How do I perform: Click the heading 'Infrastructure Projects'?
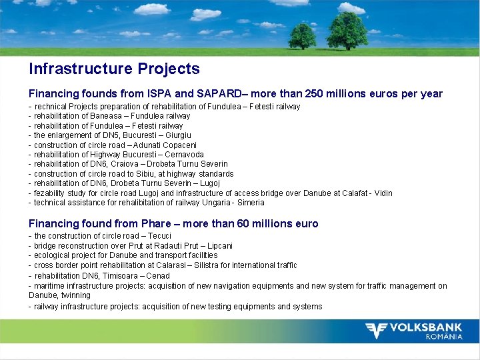click(114, 69)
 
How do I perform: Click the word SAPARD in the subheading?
click(211, 94)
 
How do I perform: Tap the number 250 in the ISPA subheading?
click(299, 94)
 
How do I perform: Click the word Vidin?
click(382, 193)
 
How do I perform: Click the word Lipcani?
click(218, 246)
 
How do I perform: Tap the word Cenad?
click(158, 275)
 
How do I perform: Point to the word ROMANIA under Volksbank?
click(443, 337)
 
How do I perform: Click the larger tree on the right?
click(347, 30)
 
